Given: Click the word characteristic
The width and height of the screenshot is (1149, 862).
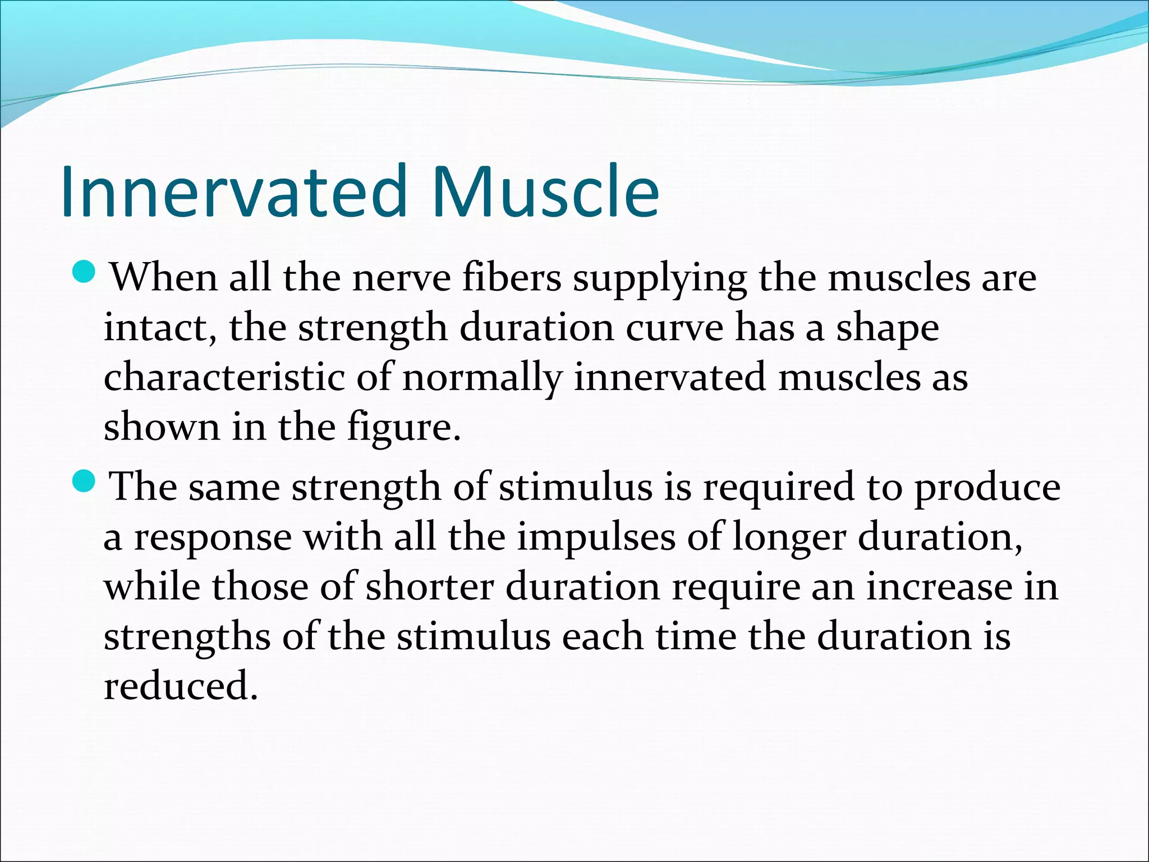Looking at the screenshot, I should pos(224,377).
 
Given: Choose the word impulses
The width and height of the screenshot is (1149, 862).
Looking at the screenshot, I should pos(596,538).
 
